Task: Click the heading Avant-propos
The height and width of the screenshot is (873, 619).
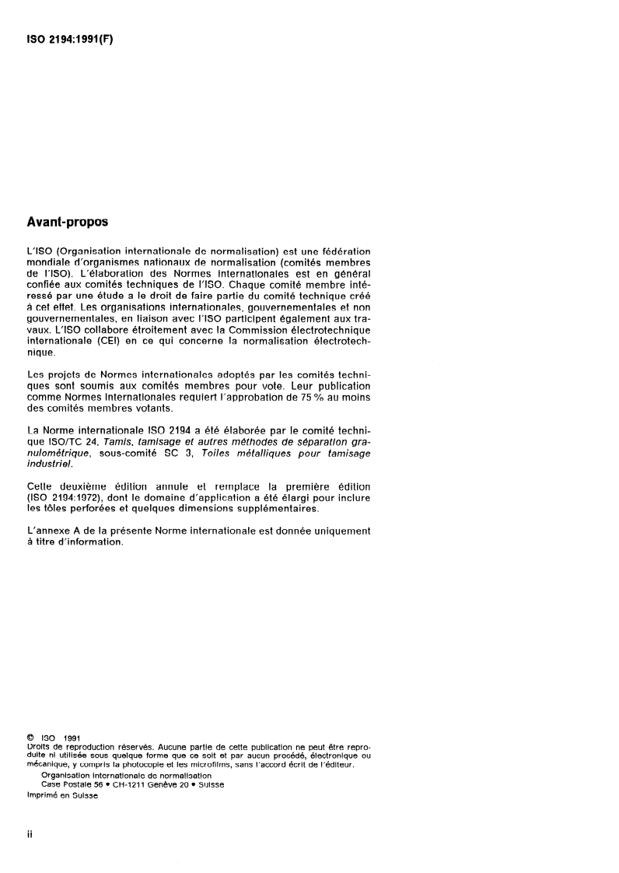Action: tap(68, 221)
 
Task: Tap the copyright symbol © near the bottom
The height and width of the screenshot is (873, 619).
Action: tap(30, 738)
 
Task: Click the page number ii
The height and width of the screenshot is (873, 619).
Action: tap(30, 834)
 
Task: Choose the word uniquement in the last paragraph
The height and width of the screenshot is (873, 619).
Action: tap(341, 531)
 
